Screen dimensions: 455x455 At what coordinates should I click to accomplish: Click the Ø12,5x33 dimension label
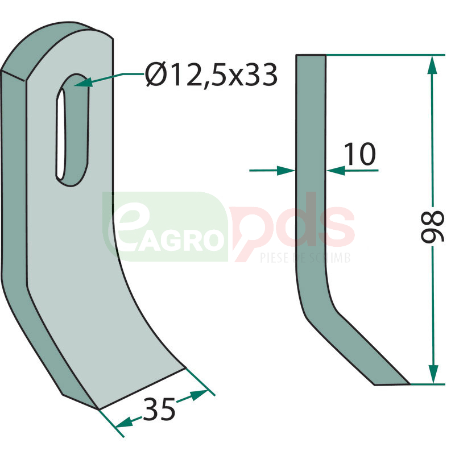pos(211,75)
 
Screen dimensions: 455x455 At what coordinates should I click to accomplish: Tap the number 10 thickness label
pos(360,154)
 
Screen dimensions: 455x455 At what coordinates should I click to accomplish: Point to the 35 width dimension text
pos(159,409)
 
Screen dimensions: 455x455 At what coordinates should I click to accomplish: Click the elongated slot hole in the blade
pos(72,130)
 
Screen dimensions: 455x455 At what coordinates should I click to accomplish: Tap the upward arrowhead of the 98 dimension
pos(433,66)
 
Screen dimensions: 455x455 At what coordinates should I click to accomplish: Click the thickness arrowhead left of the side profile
pos(286,171)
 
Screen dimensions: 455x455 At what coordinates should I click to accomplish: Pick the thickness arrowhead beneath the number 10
pos(336,171)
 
